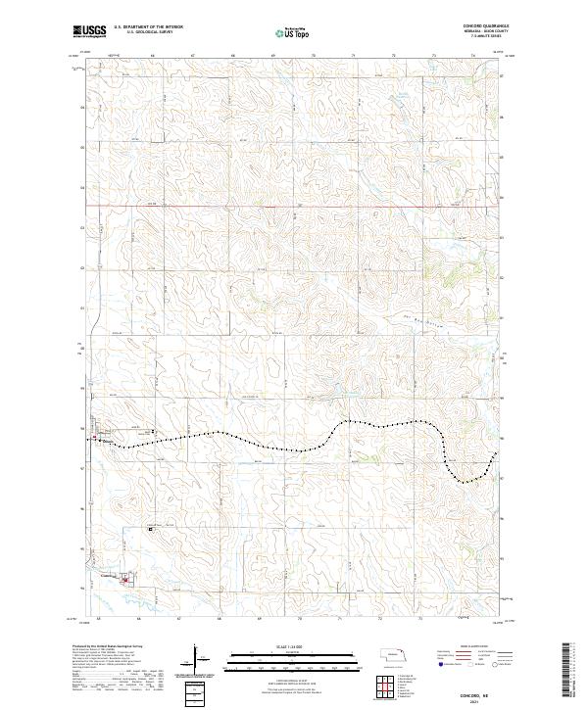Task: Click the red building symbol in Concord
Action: point(124,580)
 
